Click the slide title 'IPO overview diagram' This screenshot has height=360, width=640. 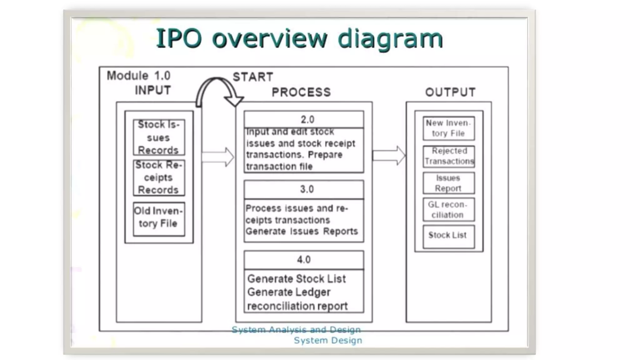point(299,39)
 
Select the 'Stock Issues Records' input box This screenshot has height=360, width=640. point(159,137)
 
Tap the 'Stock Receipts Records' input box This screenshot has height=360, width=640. point(159,177)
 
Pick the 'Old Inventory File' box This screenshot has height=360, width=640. point(159,218)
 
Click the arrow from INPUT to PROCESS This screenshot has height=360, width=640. point(218,157)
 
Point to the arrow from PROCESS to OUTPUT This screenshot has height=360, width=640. point(389,155)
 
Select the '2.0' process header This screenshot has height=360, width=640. point(304,119)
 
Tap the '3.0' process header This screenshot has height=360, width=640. point(304,189)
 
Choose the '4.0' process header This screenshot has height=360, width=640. point(304,260)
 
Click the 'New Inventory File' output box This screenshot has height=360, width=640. point(448,128)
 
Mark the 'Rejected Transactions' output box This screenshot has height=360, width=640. point(448,156)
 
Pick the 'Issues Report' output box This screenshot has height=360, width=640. point(448,183)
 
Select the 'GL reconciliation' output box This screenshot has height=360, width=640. point(448,210)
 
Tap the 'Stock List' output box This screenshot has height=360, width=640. point(448,236)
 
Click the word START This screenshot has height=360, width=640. point(253,77)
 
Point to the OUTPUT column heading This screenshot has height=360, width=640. point(450,92)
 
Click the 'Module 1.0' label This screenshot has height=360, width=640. point(138,76)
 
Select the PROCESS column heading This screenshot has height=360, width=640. point(301,92)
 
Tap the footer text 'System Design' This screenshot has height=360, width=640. point(328,340)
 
